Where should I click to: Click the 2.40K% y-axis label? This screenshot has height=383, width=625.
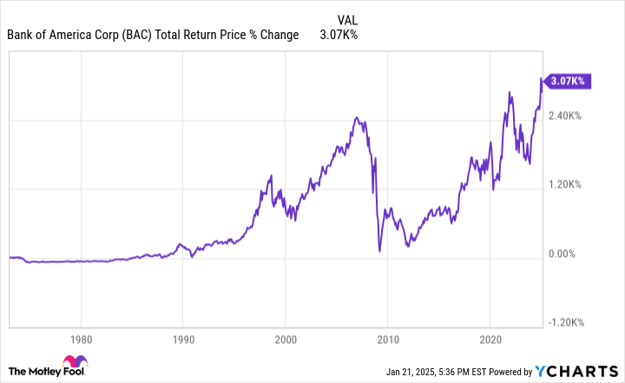(x=565, y=116)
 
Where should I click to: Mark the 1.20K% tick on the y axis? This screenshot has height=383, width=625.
(x=565, y=185)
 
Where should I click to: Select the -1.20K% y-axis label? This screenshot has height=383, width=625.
(x=563, y=323)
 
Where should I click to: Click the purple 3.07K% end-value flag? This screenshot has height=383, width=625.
(x=568, y=81)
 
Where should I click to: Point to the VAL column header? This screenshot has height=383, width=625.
(x=345, y=18)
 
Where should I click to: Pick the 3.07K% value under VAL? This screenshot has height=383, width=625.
(x=339, y=35)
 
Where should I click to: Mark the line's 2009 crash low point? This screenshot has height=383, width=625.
(x=379, y=251)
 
